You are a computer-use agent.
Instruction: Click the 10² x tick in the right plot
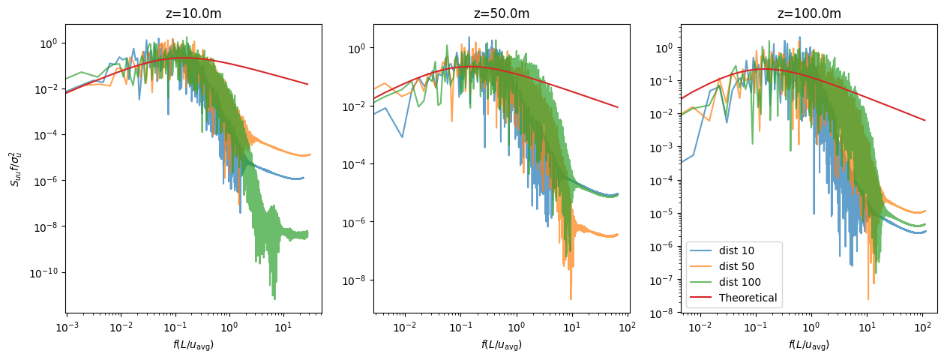(922, 327)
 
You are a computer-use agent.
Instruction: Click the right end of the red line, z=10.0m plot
(307, 84)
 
